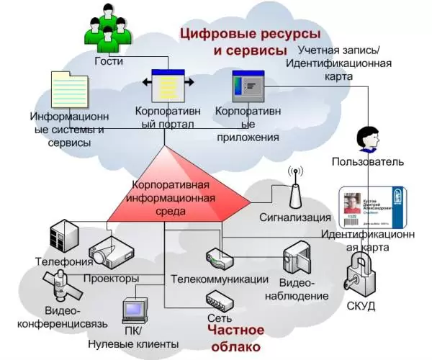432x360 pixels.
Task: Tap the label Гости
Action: point(109,62)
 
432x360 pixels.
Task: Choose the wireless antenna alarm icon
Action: point(294,189)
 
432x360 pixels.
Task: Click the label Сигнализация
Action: point(294,217)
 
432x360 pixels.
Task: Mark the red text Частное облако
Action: point(235,338)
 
